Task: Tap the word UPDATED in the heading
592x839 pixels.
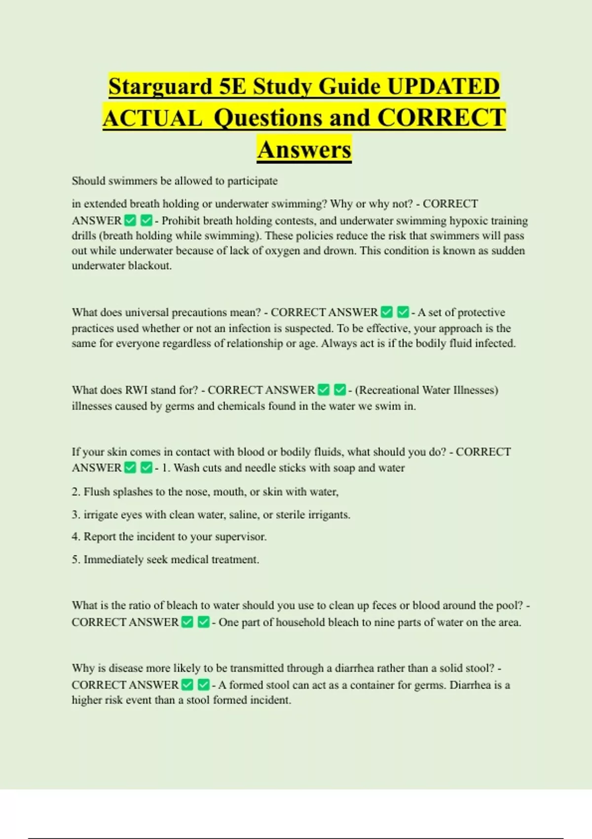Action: pos(444,87)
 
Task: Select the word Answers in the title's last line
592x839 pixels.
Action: pos(304,150)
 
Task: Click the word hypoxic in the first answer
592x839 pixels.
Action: pos(466,221)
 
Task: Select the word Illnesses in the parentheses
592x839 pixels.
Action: pos(473,390)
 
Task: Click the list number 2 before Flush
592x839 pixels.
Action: pos(75,492)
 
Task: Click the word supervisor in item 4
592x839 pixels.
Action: pos(240,536)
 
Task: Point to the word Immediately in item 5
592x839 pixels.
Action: pos(114,560)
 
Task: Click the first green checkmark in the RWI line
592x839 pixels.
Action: pos(324,390)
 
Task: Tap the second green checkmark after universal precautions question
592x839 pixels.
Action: pos(403,312)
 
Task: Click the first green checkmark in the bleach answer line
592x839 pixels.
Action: pos(187,622)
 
